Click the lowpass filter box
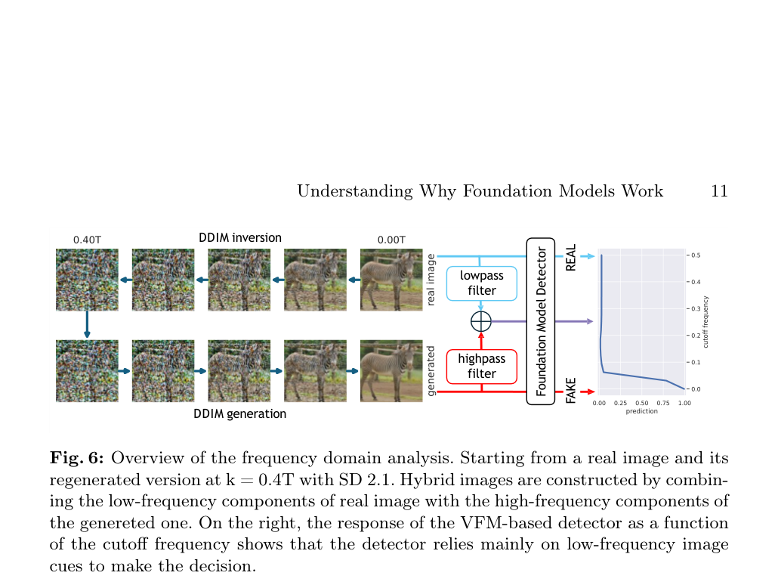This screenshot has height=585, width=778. tap(481, 283)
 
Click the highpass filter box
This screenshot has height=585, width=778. tap(481, 367)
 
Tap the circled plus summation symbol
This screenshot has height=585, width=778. tap(481, 321)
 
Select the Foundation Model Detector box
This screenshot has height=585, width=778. tap(540, 321)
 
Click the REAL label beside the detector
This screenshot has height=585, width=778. tap(571, 257)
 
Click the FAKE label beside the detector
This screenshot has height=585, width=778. tap(571, 390)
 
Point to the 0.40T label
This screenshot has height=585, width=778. tap(88, 240)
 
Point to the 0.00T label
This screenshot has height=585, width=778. tap(391, 240)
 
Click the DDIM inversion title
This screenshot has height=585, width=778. tap(240, 237)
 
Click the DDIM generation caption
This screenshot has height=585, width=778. tap(239, 413)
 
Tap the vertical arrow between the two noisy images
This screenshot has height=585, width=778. tap(88, 324)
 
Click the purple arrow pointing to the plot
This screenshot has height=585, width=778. tap(573, 321)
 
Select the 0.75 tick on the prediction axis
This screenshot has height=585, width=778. tap(663, 403)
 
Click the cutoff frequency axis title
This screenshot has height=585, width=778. tap(706, 322)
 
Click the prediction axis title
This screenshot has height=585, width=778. tap(641, 411)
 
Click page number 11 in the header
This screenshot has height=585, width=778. tap(719, 191)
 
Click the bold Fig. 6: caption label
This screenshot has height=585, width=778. tap(77, 458)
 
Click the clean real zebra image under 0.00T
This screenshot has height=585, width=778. tap(391, 280)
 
